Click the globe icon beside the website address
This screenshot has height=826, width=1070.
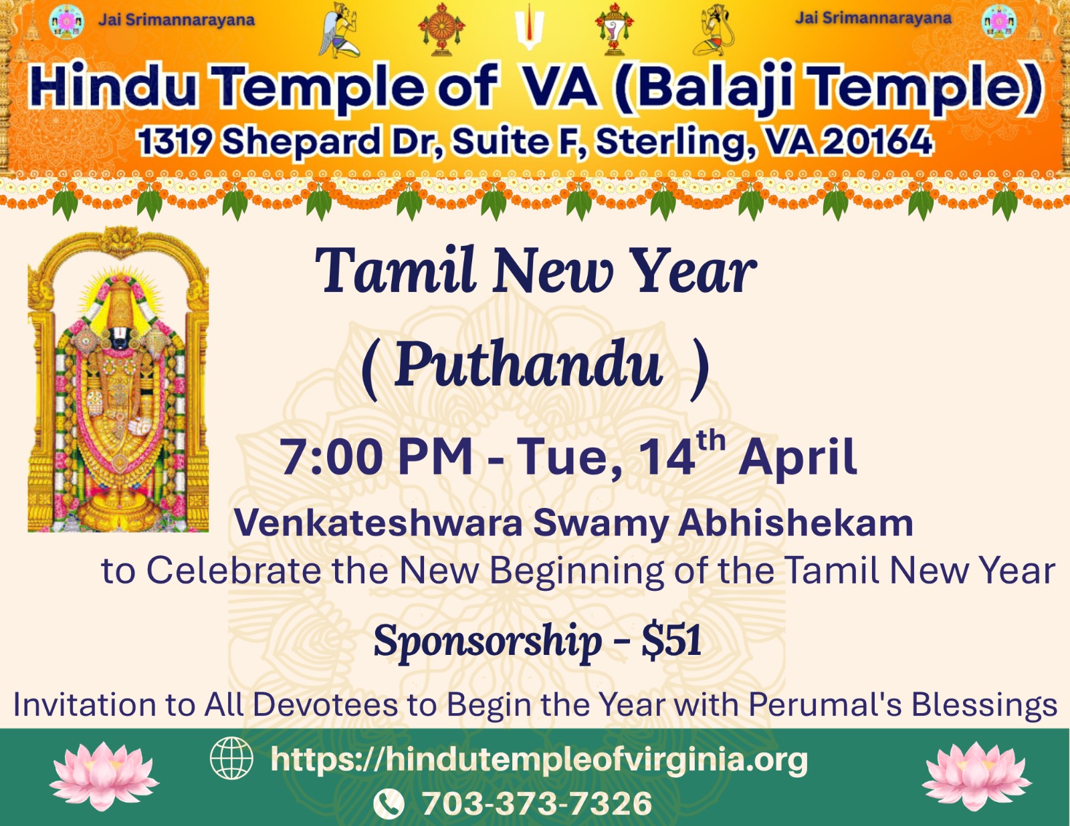[x=231, y=758]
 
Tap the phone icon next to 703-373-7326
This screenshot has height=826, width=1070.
[x=389, y=803]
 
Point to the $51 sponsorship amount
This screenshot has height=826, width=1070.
[x=671, y=640]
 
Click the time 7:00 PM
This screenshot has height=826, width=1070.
[x=377, y=456]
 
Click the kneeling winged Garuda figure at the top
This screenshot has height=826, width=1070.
[x=339, y=31]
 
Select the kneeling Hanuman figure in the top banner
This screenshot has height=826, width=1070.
[x=714, y=31]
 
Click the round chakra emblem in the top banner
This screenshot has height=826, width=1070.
[x=441, y=29]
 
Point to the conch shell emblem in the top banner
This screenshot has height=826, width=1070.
[x=614, y=29]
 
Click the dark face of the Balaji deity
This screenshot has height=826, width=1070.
[x=118, y=337]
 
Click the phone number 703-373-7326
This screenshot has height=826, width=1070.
[x=537, y=803]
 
